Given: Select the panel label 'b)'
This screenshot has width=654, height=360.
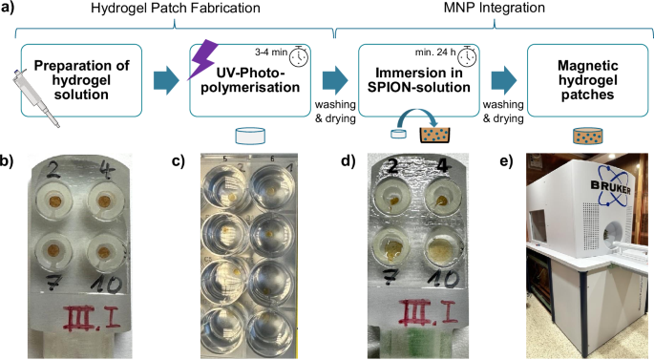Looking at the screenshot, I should pyautogui.click(x=9, y=160).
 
